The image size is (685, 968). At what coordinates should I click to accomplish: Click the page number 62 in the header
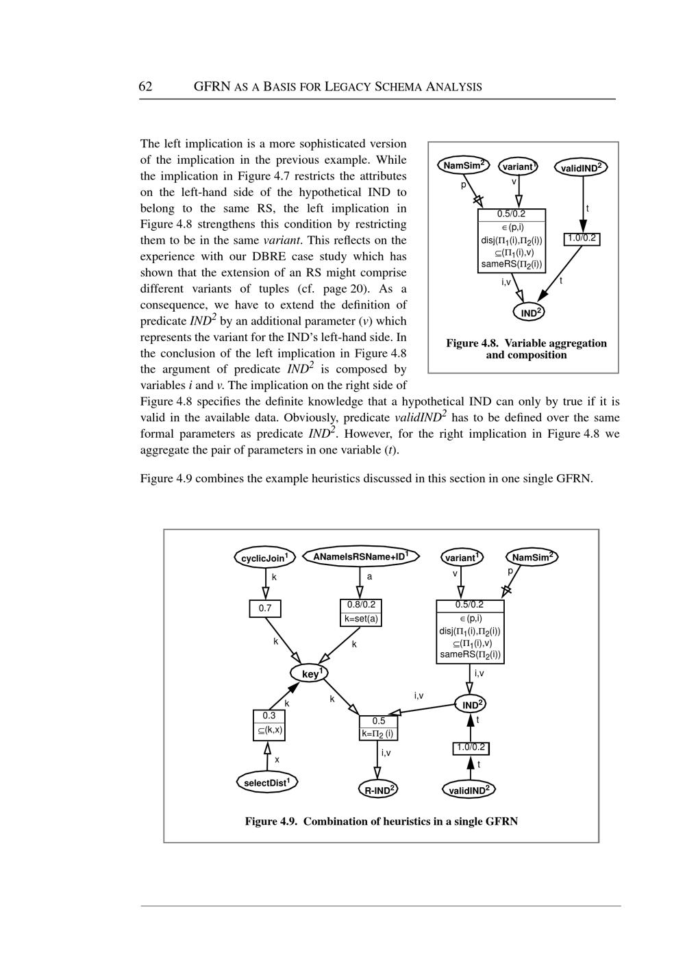[145, 86]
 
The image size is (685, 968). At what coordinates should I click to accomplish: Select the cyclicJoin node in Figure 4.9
[265, 558]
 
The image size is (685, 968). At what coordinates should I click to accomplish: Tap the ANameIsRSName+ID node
[360, 556]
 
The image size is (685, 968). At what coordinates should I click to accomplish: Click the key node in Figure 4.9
[310, 674]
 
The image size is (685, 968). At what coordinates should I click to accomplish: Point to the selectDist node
[267, 782]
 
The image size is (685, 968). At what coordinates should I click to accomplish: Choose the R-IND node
[378, 790]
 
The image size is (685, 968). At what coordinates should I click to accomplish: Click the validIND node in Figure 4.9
[469, 790]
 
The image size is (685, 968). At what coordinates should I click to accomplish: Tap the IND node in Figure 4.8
[530, 312]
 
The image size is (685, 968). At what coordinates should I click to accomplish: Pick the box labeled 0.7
[265, 608]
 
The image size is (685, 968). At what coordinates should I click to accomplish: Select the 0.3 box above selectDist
[269, 723]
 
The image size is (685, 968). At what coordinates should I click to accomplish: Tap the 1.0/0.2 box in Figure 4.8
[582, 238]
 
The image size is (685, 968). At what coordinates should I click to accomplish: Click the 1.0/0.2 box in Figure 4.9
[471, 747]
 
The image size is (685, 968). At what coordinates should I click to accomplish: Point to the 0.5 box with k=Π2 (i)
[378, 728]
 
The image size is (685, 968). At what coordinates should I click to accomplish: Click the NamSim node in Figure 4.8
[463, 165]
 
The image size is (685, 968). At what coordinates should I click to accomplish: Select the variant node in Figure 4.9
[461, 557]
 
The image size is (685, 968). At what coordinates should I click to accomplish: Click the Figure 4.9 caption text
[382, 821]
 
